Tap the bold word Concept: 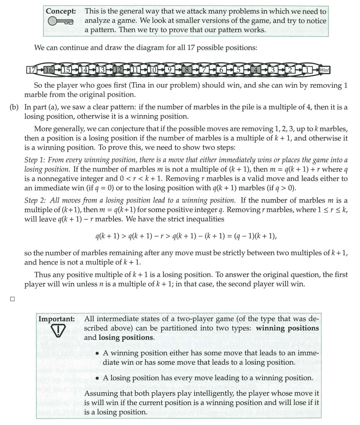[x=61, y=11]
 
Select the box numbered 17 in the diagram [x=31, y=70]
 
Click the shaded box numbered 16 [x=49, y=70]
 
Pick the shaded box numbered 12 [x=118, y=70]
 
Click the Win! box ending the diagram [x=324, y=70]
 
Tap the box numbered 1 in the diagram [x=307, y=70]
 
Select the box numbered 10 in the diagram [x=153, y=70]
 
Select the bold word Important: [x=56, y=319]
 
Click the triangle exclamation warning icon [x=56, y=330]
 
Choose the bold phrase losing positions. [x=124, y=337]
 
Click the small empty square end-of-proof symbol [x=12, y=299]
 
